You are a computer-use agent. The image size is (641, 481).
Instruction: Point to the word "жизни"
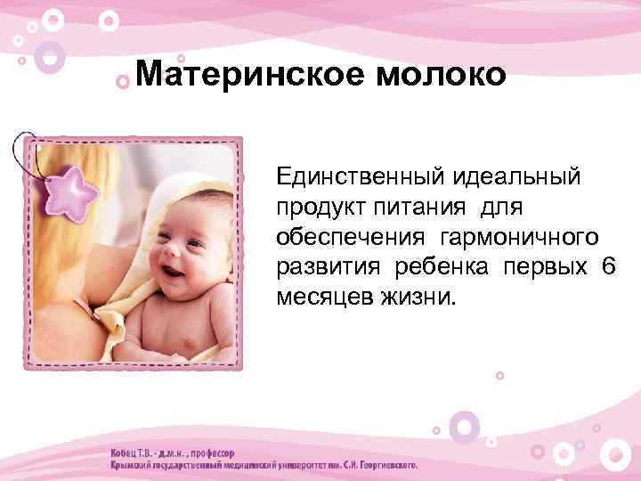coord(418,298)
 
